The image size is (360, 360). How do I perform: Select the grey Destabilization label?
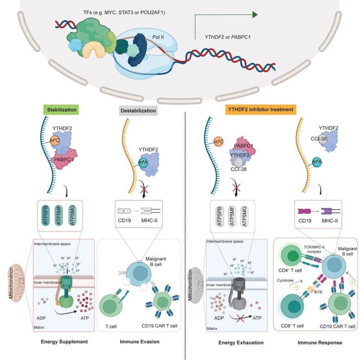tap(138, 111)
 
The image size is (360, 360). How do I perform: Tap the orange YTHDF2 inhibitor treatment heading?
tap(261, 110)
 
